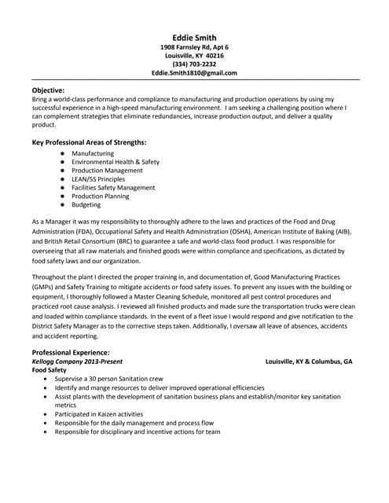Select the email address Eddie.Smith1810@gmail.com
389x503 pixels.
coord(193,72)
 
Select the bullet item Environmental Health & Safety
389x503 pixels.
coord(115,162)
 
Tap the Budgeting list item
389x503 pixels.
coord(86,205)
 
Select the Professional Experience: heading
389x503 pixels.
coord(71,352)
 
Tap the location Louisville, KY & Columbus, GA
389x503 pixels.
coord(309,361)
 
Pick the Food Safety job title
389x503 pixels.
coord(50,369)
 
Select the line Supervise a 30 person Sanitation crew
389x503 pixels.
coord(122,379)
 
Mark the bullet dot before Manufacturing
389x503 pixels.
coord(61,153)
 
